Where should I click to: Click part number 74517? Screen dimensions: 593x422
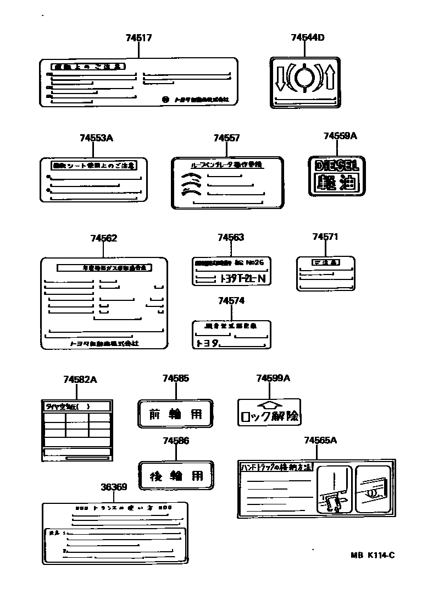[x=138, y=38]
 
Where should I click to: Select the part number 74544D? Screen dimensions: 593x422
[x=307, y=38]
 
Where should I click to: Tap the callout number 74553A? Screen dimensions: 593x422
[x=96, y=139]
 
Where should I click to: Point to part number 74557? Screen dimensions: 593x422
[x=226, y=139]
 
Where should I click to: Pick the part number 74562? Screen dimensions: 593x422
[x=104, y=238]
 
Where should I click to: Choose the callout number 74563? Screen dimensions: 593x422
[x=231, y=238]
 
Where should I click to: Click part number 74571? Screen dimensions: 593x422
[x=325, y=237]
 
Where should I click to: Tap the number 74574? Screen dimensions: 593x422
[x=231, y=301]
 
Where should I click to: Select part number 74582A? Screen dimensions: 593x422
[x=80, y=380]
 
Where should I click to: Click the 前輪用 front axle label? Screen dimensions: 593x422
[x=175, y=414]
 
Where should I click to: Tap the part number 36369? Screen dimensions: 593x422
[x=114, y=487]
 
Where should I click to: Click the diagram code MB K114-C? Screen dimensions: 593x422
[x=373, y=554]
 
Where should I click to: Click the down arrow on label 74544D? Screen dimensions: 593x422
[x=279, y=77]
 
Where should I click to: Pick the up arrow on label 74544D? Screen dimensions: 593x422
[x=330, y=76]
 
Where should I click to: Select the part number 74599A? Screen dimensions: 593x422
[x=273, y=378]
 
